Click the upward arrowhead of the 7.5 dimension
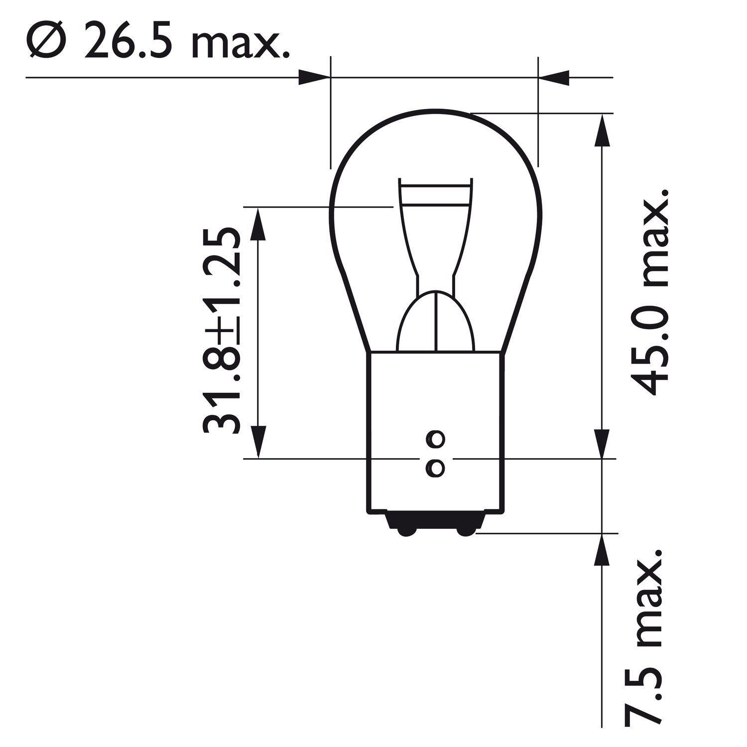(603, 550)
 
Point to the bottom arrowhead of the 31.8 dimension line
(257, 441)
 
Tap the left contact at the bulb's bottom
(406, 532)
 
